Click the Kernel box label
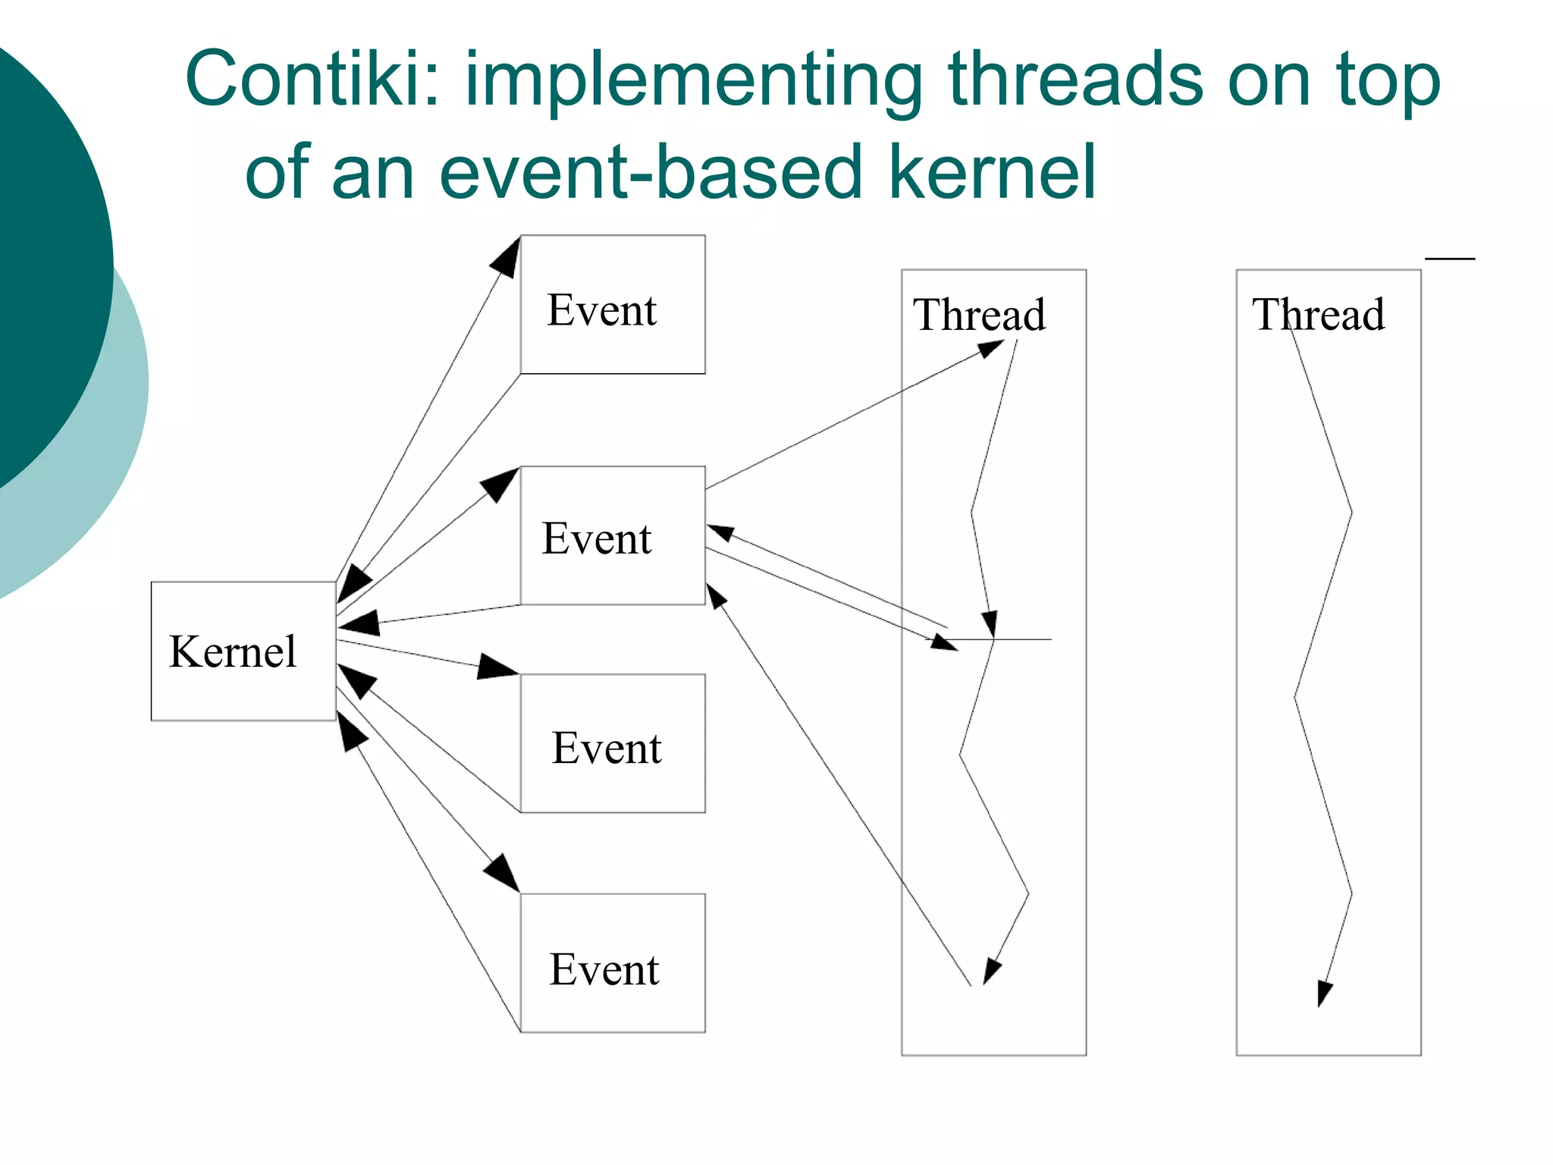[233, 652]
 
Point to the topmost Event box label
[602, 310]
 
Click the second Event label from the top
[597, 539]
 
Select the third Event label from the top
[607, 748]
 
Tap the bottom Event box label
[604, 969]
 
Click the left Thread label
[979, 315]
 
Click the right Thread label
[1318, 315]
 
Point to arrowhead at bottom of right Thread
[1323, 993]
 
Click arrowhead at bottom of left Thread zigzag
[991, 972]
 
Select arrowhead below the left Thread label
[990, 349]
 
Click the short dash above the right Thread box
[1450, 259]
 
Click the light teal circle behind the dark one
[114, 455]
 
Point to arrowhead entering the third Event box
[497, 667]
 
